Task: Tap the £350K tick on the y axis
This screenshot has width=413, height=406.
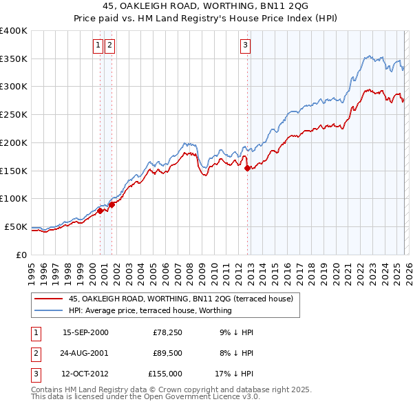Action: click(14, 58)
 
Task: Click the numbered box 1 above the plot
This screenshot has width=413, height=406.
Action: click(98, 46)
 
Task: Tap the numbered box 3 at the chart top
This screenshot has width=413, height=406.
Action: click(245, 46)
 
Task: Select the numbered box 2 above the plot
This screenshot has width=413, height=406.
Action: click(109, 46)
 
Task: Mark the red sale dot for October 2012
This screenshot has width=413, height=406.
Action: click(247, 167)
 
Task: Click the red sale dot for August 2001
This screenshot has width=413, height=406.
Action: click(112, 204)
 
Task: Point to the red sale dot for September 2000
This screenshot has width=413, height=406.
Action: click(100, 211)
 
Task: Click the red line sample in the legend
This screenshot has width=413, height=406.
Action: click(49, 299)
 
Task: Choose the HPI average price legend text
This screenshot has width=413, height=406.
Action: click(150, 310)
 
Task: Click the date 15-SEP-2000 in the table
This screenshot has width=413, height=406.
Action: click(85, 332)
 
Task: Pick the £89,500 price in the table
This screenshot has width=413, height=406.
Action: click(168, 353)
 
